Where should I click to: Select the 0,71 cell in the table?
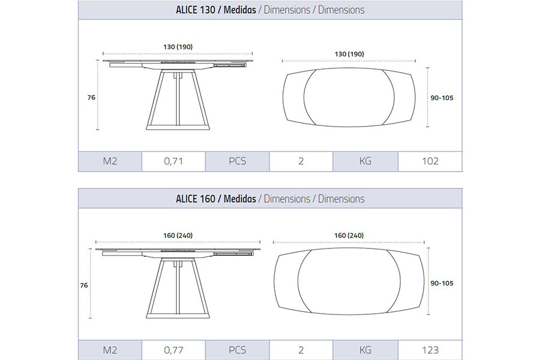click(x=173, y=161)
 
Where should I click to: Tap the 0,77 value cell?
click(x=173, y=350)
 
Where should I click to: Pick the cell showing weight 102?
click(x=430, y=161)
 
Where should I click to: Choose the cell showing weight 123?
click(x=430, y=350)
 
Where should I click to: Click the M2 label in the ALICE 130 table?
click(x=110, y=161)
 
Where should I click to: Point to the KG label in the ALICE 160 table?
click(x=365, y=350)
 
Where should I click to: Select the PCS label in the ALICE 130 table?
click(x=237, y=161)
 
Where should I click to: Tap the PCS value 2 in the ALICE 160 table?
click(x=301, y=350)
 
